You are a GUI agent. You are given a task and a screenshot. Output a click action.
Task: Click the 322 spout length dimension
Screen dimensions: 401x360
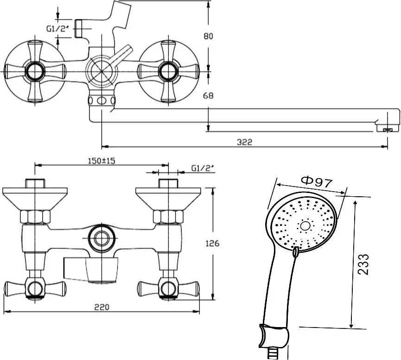[244, 142]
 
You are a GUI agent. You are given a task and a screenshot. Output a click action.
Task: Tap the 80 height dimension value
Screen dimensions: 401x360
[208, 36]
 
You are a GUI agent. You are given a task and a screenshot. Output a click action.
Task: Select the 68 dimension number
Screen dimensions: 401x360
[208, 96]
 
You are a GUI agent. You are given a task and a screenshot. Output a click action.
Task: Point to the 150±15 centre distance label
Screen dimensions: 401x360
[102, 161]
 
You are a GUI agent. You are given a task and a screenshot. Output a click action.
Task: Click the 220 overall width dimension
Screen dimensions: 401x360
[102, 307]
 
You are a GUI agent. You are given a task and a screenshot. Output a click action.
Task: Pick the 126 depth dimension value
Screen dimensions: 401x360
[212, 244]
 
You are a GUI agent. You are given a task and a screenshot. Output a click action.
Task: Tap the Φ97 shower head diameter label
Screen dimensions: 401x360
[317, 182]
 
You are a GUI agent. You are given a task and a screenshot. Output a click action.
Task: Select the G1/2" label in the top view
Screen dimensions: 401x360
[58, 29]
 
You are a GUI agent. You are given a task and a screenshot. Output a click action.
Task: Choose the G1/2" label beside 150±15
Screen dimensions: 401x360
[202, 168]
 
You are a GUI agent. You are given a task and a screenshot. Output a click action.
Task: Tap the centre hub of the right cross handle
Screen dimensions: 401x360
[168, 71]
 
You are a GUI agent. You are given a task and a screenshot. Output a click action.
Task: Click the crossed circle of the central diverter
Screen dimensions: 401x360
[102, 71]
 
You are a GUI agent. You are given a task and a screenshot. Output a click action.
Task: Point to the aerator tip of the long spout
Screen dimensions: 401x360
[388, 130]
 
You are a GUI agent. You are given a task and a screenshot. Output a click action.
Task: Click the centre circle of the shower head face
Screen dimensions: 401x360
[305, 225]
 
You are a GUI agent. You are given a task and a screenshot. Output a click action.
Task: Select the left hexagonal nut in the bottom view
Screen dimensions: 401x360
[35, 217]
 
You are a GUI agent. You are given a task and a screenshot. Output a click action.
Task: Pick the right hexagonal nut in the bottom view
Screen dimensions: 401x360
[168, 217]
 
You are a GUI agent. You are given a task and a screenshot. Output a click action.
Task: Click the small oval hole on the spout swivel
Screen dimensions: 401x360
[101, 101]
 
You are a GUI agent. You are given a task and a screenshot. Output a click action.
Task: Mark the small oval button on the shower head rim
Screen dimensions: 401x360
[295, 252]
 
